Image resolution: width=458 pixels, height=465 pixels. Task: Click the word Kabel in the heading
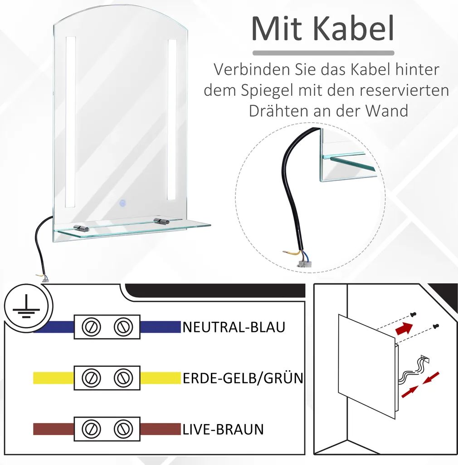354,29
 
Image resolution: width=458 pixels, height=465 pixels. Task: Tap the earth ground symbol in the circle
27,306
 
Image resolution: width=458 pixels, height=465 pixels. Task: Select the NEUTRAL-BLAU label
234,327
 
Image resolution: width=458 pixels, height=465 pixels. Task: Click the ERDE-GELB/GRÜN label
243,378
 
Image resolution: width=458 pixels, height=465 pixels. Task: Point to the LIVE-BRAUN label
223,430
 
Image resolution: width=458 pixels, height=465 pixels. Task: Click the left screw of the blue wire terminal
91,327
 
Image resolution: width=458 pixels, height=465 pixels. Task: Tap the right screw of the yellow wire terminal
123,378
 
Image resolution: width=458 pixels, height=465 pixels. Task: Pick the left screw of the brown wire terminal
91,429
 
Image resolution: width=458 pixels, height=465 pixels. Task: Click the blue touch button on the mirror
122,203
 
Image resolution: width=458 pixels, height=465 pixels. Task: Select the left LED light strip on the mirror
70,122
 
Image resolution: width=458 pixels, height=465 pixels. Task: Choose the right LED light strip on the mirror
172,119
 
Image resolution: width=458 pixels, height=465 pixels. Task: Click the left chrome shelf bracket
81,228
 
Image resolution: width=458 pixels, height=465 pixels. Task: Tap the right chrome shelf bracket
161,221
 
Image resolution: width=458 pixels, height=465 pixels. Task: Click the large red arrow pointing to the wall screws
404,328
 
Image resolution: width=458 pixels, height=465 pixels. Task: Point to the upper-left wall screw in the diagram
413,314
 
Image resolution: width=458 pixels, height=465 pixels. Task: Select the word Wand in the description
387,111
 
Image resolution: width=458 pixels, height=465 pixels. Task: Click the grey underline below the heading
323,53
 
